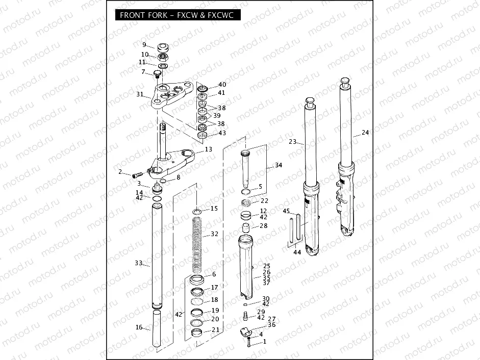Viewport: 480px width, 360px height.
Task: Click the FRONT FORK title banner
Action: coord(176,15)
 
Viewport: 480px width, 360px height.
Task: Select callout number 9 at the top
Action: coord(144,44)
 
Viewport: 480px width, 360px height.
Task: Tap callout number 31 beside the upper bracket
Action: coord(140,94)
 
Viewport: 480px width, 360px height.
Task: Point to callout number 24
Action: coord(365,133)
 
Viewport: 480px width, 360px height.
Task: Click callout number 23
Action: coord(292,142)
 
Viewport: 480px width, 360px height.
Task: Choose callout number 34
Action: coord(278,165)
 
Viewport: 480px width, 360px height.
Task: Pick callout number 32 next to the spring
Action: coord(214,234)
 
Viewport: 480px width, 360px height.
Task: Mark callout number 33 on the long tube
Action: coord(139,263)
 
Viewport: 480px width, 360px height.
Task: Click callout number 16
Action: coord(139,327)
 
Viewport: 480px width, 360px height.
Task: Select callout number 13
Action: coord(208,149)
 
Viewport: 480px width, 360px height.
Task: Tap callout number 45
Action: coord(286,211)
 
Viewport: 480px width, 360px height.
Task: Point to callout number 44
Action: coord(297,252)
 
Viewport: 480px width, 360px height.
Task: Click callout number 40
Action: coord(222,85)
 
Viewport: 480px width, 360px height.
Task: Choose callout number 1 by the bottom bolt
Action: coord(264,343)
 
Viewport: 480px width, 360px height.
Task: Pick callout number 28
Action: coord(263,226)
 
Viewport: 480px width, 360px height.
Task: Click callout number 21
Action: coord(215,330)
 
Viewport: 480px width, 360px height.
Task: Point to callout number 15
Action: coord(214,209)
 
